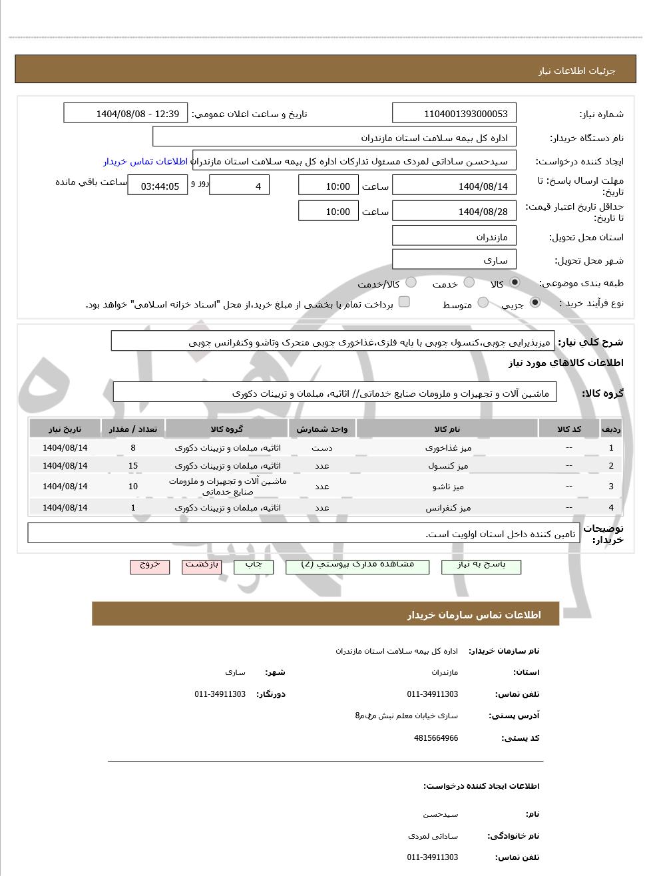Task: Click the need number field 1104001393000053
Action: [455, 114]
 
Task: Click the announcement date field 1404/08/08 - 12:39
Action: [126, 114]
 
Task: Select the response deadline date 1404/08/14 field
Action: [455, 186]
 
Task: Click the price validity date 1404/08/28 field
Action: [455, 212]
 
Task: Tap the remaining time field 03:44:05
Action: [158, 186]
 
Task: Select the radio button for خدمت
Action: [469, 283]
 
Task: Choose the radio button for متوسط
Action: [483, 304]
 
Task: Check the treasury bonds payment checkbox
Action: [404, 302]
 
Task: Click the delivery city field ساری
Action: [455, 260]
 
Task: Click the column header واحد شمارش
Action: [322, 429]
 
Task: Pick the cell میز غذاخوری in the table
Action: [448, 448]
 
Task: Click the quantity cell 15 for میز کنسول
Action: [133, 466]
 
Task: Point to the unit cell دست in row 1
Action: [322, 448]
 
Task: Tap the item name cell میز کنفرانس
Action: [448, 508]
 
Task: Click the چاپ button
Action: [254, 566]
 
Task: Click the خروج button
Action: [150, 566]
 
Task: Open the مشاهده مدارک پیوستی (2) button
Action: [357, 566]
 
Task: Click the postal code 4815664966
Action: [436, 738]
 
